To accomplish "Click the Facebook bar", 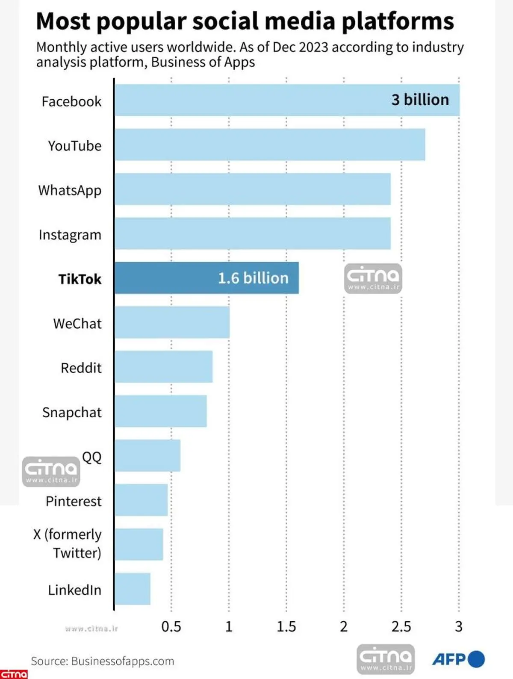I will coord(286,100).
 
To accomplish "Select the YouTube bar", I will coord(269,145).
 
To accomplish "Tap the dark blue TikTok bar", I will coord(206,278).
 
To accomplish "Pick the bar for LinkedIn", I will coord(133,589).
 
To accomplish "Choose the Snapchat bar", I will coord(161,411).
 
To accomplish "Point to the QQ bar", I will coord(147,455).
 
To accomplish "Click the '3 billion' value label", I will coord(420,100).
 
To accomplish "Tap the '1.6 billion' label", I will coord(253,278).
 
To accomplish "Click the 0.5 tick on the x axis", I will coord(171,627).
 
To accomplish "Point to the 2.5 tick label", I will coord(401,627).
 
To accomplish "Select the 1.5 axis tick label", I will coord(286,627).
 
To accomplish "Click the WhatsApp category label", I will coord(70,190).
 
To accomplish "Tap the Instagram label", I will coord(70,235).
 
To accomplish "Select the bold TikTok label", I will coord(80,279).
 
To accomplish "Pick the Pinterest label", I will coord(74,501).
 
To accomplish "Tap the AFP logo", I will coord(458,659).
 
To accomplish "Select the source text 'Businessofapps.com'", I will coord(123,661).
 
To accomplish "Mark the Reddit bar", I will coord(164,367).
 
